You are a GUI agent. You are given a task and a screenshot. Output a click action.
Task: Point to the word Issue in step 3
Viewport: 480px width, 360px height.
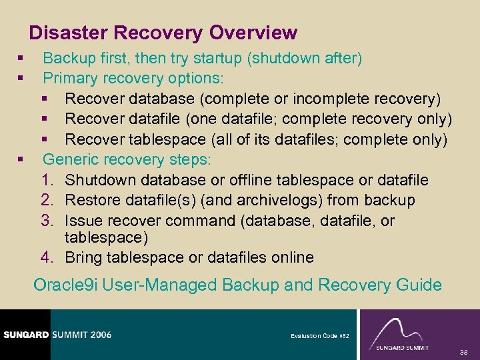point(83,220)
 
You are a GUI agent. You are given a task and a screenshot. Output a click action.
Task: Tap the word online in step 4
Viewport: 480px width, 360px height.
point(290,257)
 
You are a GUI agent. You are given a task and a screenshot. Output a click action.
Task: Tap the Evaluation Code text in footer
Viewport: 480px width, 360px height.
point(314,336)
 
